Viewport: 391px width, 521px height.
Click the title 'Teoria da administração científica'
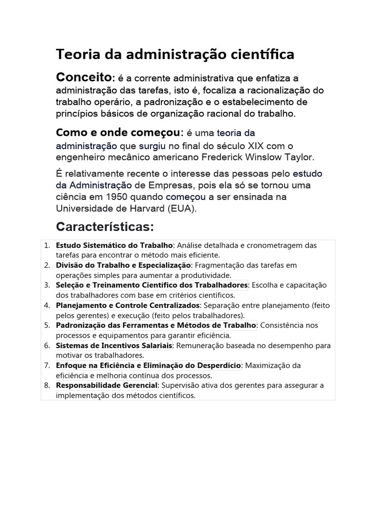pos(175,54)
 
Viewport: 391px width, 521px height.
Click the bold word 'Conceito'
pos(83,77)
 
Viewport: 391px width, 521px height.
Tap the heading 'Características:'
pos(105,226)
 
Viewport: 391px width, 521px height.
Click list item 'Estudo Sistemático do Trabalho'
pos(114,245)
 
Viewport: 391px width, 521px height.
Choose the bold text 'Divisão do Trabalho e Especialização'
pos(123,265)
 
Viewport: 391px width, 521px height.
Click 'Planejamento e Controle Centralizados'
pos(128,305)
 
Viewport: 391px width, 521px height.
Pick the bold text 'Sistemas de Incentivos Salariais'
pos(114,345)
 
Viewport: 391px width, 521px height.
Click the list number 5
pos(46,325)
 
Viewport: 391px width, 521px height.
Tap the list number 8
pos(46,385)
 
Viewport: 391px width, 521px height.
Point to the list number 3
pos(46,285)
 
